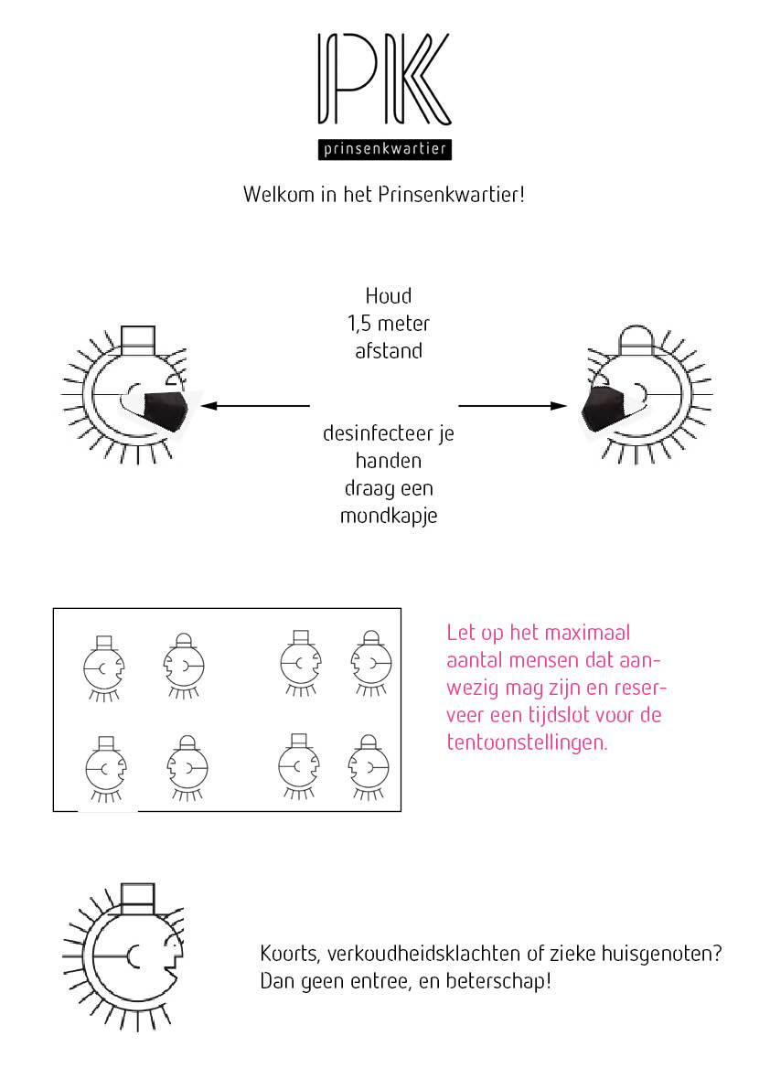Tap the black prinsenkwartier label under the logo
(384, 148)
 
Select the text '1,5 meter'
(388, 323)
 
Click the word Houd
(389, 296)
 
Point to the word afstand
(389, 350)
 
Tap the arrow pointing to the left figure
(256, 405)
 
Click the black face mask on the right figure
(604, 407)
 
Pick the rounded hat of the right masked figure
(637, 339)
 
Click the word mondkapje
(389, 516)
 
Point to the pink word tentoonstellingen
(527, 742)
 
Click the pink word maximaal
(587, 633)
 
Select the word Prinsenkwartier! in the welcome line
(452, 195)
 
